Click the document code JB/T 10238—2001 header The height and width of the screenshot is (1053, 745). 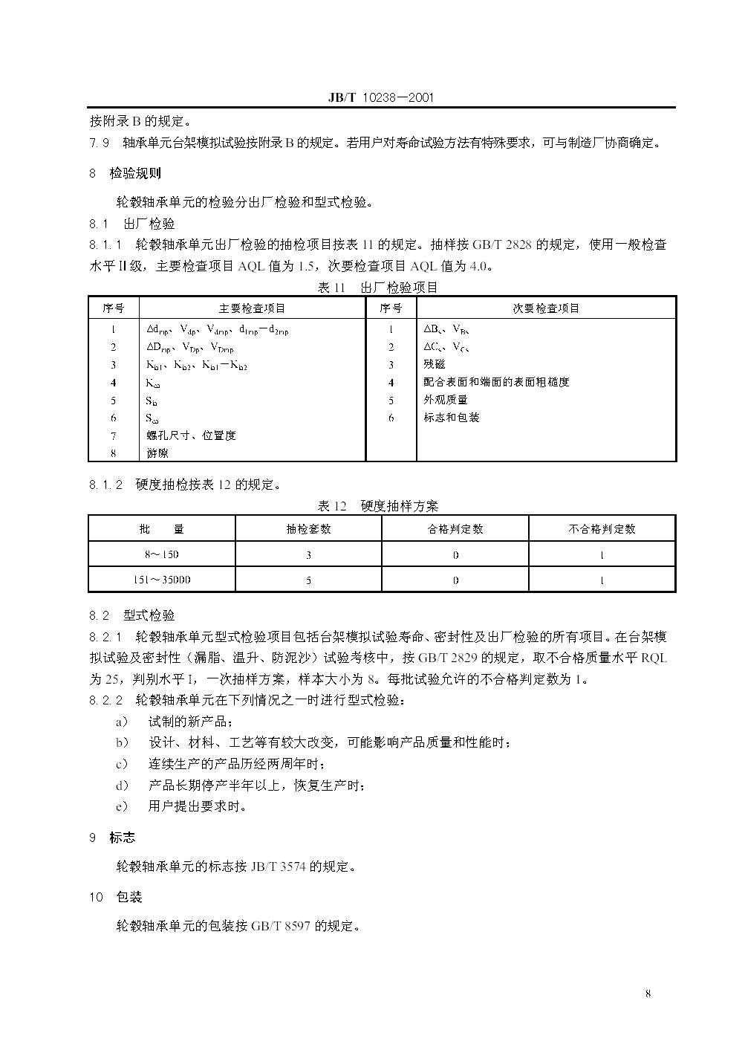click(x=380, y=98)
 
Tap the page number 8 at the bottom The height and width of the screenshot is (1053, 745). click(x=648, y=994)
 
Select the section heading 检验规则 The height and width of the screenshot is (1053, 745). click(x=135, y=174)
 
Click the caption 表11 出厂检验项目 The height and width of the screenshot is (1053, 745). click(x=378, y=288)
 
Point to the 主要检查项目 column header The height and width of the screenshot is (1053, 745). click(x=252, y=308)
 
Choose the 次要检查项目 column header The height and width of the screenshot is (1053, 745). click(x=546, y=308)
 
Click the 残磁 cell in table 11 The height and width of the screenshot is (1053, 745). click(x=435, y=364)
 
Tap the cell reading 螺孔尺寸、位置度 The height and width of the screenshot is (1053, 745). click(x=191, y=435)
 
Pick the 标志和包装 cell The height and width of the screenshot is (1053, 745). click(x=452, y=418)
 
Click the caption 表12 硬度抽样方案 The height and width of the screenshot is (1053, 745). click(x=378, y=506)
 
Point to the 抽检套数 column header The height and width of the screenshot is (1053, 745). click(x=308, y=529)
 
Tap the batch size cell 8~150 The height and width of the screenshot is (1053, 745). click(x=162, y=554)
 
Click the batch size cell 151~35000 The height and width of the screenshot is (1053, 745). click(x=162, y=580)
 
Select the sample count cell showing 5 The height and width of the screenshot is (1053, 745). click(x=308, y=580)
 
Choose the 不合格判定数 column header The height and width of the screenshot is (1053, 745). click(x=602, y=529)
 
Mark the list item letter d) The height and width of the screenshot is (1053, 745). click(x=122, y=785)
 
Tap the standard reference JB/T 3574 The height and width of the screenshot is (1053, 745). click(x=278, y=866)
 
